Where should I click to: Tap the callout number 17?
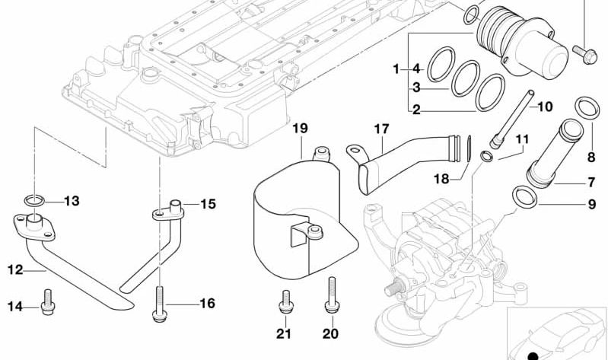point(380,129)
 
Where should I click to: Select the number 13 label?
point(71,202)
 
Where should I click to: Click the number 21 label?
point(283,334)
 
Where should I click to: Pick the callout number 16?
point(208,304)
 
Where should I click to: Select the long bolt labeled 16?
point(161,300)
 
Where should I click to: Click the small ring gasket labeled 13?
point(33,201)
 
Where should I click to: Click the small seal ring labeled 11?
point(486,157)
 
